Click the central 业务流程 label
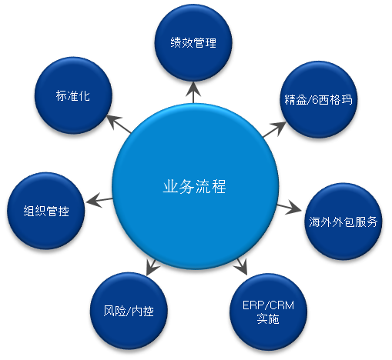[194, 186]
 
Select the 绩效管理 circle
[193, 42]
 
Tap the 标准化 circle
[73, 95]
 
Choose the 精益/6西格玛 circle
[319, 99]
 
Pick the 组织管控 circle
[46, 211]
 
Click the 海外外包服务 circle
[343, 222]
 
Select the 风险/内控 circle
[129, 311]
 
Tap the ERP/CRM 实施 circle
[268, 312]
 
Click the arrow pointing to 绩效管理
[193, 92]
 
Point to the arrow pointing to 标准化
[119, 124]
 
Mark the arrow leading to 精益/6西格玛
[274, 129]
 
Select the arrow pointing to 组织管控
[99, 200]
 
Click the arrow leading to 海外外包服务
[289, 208]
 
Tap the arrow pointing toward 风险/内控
[152, 267]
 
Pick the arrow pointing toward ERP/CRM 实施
[242, 266]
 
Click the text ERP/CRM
[268, 305]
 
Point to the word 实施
[268, 319]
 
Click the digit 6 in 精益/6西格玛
[316, 100]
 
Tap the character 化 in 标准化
[85, 95]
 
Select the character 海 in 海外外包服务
[315, 222]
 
